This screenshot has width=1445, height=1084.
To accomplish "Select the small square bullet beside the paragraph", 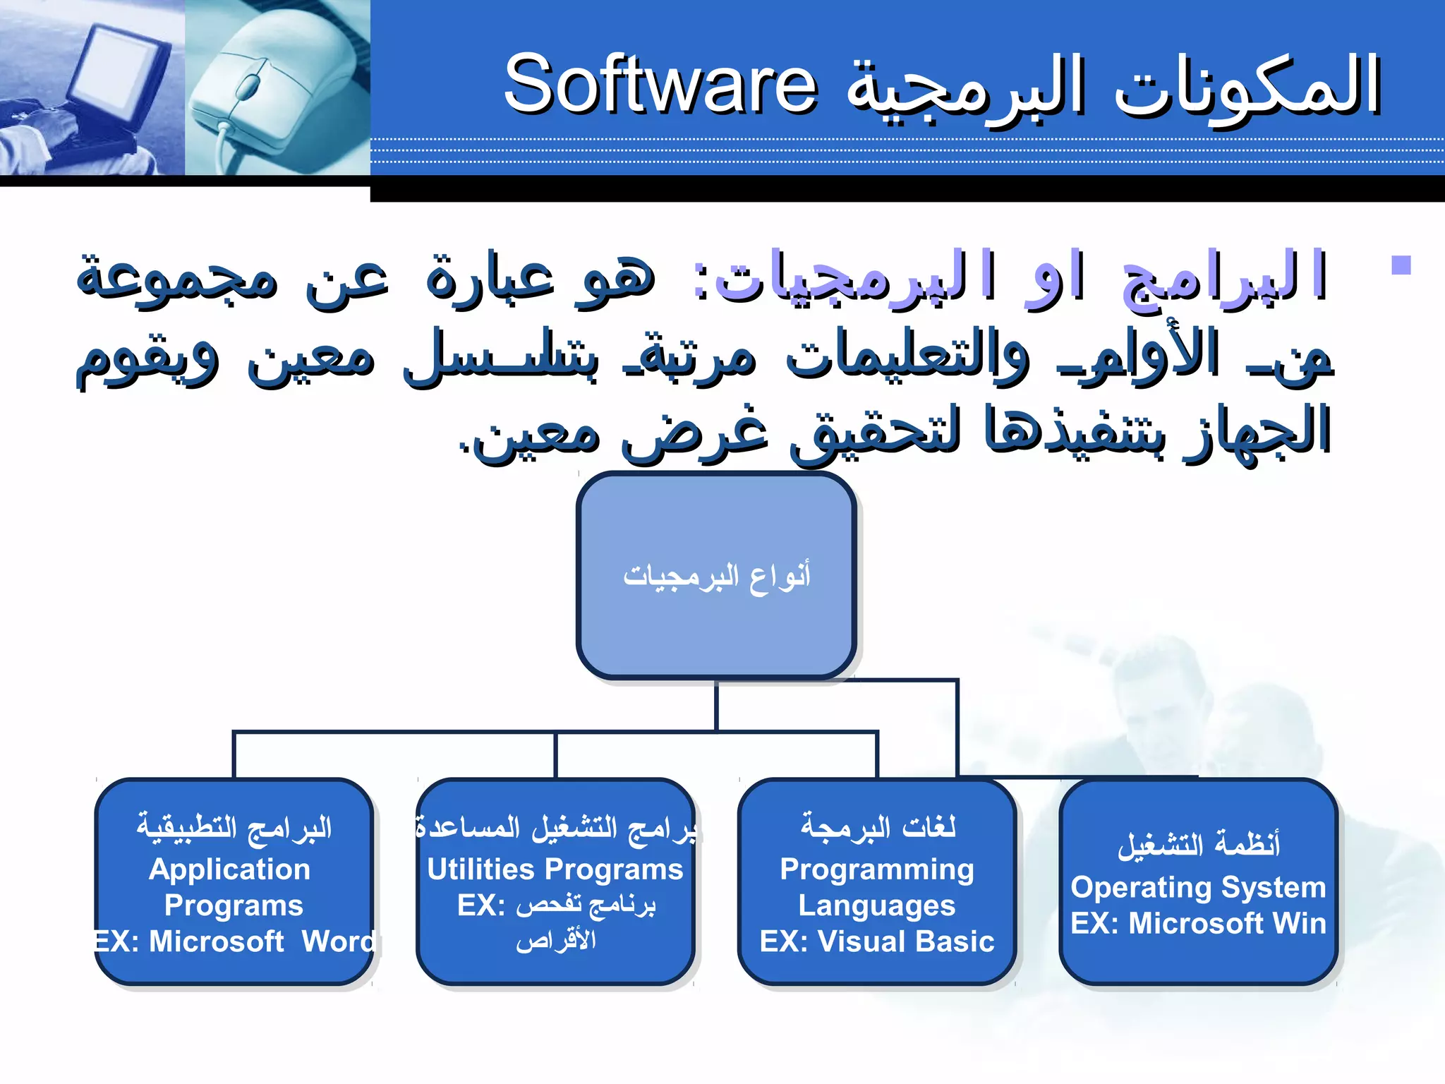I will point(1401,266).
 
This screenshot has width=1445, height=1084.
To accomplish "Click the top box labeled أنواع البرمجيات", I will point(716,575).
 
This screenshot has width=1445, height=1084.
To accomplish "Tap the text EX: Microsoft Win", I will point(1198,924).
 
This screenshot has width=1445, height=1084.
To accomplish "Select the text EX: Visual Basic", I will point(876,942).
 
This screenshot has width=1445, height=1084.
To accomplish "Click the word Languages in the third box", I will point(876,905).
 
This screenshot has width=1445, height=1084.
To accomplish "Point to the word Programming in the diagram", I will point(876,869).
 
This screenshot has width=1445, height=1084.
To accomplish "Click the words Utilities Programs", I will point(555,869).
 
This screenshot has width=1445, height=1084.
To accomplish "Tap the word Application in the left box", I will point(230,869).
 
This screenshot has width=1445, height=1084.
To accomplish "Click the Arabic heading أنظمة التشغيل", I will point(1198,844).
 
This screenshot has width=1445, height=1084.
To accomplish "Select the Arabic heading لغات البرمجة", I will point(878,826).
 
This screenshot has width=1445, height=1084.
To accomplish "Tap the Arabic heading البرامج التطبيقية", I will point(234,826).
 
